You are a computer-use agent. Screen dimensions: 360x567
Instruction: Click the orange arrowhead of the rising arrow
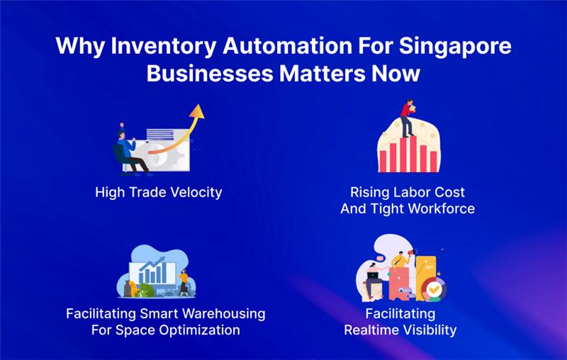click(197, 111)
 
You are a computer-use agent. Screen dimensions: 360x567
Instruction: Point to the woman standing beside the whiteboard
click(184, 281)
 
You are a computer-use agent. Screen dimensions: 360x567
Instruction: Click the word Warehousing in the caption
click(220, 314)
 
